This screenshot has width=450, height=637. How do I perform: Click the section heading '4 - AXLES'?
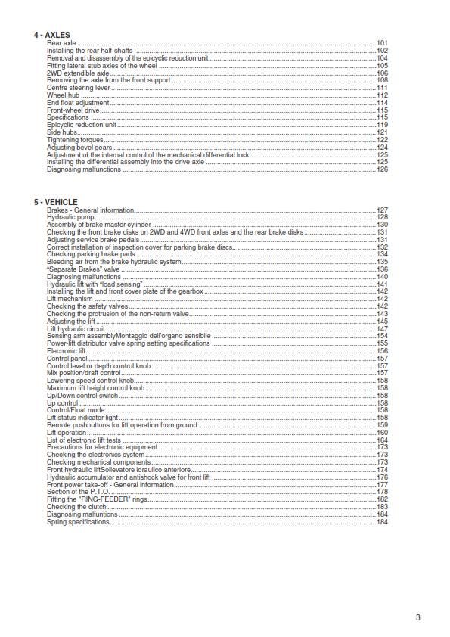[51, 36]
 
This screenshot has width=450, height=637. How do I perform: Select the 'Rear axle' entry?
[61, 44]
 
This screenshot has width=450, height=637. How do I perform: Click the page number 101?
[382, 44]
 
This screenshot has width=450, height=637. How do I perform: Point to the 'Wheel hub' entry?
[63, 95]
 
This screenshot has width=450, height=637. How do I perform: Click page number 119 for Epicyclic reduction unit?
[382, 125]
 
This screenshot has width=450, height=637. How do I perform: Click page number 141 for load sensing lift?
[382, 284]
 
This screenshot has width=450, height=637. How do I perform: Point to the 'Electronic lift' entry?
[67, 351]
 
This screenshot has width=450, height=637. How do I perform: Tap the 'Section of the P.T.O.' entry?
[78, 492]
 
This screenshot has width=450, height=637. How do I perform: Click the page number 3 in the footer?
[417, 617]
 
